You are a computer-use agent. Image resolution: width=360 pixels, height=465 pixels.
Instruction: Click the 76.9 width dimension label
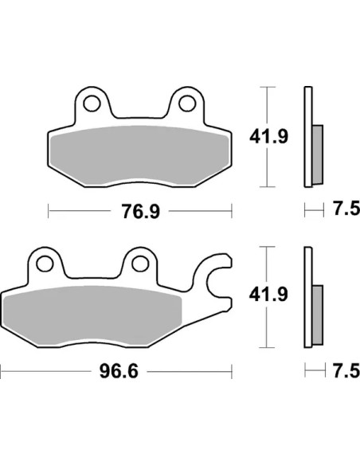pyautogui.click(x=141, y=211)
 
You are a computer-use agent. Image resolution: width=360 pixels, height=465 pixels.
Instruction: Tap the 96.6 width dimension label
pyautogui.click(x=119, y=371)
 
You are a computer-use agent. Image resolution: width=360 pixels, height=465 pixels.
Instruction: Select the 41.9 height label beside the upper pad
pyautogui.click(x=268, y=137)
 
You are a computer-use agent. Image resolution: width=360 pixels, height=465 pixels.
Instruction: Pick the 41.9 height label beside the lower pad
pyautogui.click(x=268, y=295)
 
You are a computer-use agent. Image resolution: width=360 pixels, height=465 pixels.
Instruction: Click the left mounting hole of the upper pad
pyautogui.click(x=92, y=104)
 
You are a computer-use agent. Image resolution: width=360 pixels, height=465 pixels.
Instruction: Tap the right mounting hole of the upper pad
pyautogui.click(x=187, y=104)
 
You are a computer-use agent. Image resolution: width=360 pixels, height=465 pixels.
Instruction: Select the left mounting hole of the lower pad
pyautogui.click(x=45, y=264)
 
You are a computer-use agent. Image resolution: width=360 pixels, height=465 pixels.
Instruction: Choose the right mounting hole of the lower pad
pyautogui.click(x=140, y=264)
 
